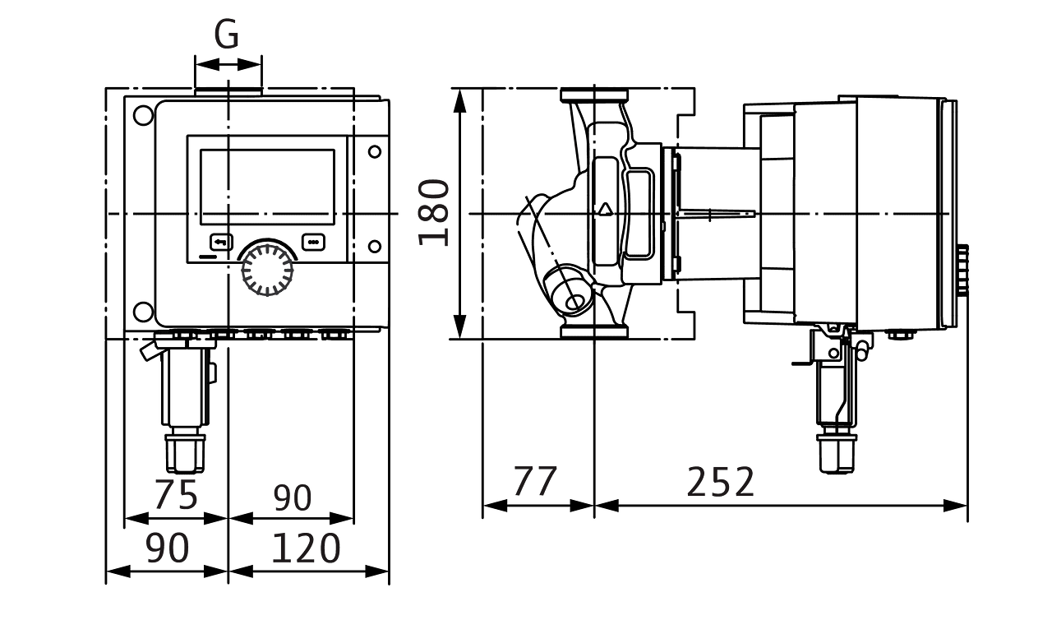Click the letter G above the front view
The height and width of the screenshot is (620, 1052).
pos(227,35)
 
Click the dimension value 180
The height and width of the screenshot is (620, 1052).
pos(434,213)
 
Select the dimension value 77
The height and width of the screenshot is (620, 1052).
pos(535,481)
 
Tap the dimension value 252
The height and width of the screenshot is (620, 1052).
pos(720,483)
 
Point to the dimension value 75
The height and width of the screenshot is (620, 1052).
pos(176,495)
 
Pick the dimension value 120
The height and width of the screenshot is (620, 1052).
pos(306,549)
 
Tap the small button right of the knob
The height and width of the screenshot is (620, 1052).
pos(314,242)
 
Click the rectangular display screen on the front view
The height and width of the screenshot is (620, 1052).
pos(267,187)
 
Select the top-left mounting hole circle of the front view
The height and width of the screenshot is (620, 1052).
pos(142,114)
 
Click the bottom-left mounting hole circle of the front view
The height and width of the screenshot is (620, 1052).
pos(142,311)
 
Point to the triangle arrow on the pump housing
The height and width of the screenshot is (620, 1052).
pos(606,208)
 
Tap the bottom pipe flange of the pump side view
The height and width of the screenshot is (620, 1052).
pos(594,331)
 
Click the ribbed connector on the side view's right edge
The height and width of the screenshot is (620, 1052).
pos(962,270)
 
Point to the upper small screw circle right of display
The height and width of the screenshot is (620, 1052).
pos(375,151)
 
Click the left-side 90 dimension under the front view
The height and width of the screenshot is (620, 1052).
pos(167,549)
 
